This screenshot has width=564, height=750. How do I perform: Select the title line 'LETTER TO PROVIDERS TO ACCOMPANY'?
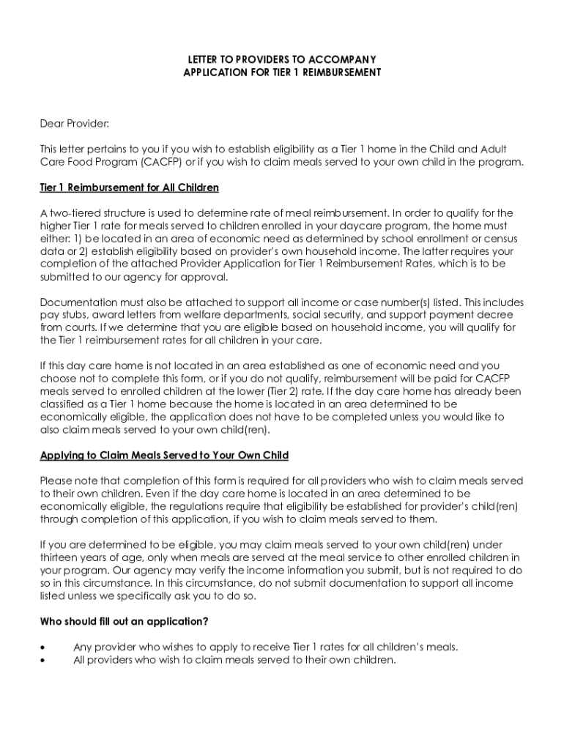(x=282, y=59)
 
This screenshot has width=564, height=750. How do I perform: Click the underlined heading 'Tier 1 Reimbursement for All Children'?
(x=129, y=187)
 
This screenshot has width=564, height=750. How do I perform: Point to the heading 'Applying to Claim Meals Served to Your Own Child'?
(x=164, y=456)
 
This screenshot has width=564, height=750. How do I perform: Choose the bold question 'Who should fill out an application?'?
(x=124, y=622)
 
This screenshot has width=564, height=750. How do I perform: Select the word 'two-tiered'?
(x=75, y=213)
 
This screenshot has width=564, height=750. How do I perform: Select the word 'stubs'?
(x=70, y=314)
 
